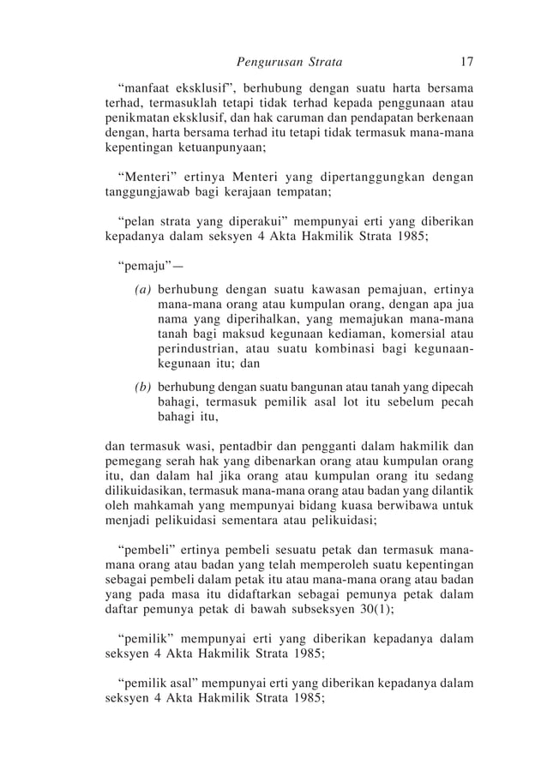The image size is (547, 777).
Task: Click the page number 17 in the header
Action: [466, 63]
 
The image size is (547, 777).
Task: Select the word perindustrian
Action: [196, 349]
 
